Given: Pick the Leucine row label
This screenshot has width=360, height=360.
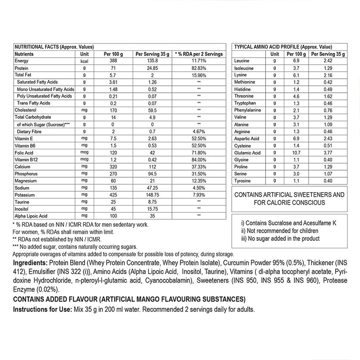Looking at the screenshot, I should tap(242, 61).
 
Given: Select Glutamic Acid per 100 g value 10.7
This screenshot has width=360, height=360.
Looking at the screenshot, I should tap(296, 153).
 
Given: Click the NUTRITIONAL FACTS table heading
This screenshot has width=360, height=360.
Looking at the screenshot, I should tap(54, 47).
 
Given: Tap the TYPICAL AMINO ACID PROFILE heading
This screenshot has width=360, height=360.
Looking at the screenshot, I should tap(283, 47).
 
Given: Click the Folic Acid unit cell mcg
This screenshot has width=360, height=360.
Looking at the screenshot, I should tap(84, 153).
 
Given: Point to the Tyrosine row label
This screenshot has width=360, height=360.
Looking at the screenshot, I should tap(243, 181).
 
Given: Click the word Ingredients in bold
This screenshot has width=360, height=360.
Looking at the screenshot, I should tap(30, 263).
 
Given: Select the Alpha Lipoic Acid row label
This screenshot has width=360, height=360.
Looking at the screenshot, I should tap(32, 216).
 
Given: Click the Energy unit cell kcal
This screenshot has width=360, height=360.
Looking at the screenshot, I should tap(84, 61).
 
